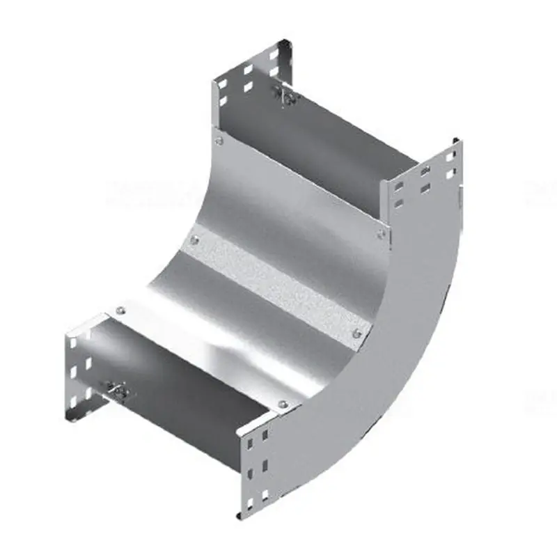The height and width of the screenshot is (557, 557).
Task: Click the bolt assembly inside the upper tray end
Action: tap(287, 97)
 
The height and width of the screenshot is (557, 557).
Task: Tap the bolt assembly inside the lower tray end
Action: tap(118, 393)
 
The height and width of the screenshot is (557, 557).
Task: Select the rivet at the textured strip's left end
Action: tap(193, 241)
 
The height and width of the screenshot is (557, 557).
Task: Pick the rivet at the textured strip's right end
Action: tap(357, 334)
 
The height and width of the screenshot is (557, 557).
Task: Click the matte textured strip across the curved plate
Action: tap(275, 285)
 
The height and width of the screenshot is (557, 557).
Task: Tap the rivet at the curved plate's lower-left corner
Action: tap(121, 311)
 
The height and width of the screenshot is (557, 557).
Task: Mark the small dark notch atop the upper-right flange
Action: tap(457, 142)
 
